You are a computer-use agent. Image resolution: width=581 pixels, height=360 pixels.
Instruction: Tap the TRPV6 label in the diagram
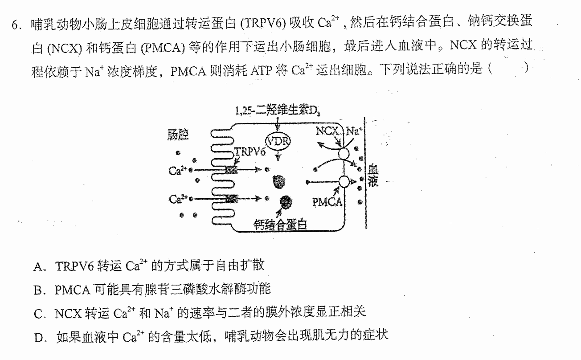(x=250, y=152)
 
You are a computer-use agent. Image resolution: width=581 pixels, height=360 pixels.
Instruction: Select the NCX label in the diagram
(x=327, y=131)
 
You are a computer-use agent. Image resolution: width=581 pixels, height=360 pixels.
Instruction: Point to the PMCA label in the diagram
(x=327, y=202)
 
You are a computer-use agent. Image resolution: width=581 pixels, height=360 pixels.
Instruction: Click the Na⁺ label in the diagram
(x=354, y=131)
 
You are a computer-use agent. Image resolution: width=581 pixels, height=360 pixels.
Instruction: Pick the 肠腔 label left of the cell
(x=178, y=135)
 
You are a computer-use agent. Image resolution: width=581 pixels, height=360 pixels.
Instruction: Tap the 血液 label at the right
(x=373, y=176)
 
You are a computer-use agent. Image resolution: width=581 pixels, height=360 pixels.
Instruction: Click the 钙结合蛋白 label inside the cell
(x=280, y=225)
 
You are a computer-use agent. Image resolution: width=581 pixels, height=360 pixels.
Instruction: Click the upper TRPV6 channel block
(x=231, y=170)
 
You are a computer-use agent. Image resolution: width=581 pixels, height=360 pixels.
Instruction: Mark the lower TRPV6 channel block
(x=232, y=199)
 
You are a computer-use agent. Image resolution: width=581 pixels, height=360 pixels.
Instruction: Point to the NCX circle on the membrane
(x=344, y=154)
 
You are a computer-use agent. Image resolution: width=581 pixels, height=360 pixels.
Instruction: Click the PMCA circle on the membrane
(x=344, y=181)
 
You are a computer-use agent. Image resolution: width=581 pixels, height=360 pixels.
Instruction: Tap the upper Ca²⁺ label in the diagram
(x=178, y=170)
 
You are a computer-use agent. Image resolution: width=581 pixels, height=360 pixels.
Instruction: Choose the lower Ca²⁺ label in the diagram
(x=178, y=199)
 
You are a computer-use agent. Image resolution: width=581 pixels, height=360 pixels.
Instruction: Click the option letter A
(x=38, y=267)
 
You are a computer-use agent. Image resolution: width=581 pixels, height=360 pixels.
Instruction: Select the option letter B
(x=38, y=290)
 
